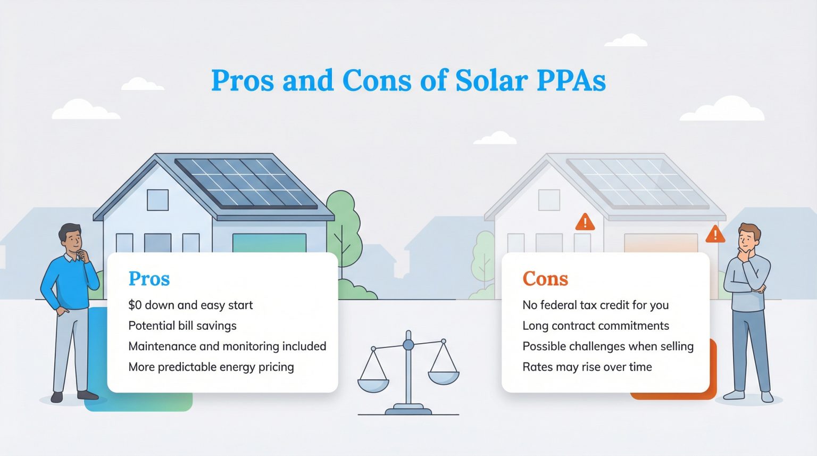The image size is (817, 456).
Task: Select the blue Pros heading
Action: click(149, 279)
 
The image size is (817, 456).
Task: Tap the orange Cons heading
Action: click(545, 279)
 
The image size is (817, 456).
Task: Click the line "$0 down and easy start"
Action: click(190, 305)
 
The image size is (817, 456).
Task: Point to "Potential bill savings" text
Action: click(182, 326)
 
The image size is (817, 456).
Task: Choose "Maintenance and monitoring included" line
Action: click(227, 346)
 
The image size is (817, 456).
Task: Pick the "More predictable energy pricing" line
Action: click(211, 367)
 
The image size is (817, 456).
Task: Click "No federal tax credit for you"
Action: click(596, 305)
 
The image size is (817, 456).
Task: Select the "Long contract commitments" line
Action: click(596, 326)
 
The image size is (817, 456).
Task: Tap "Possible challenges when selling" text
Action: click(608, 346)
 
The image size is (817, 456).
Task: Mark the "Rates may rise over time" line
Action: click(587, 367)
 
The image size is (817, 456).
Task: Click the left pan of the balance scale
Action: click(373, 385)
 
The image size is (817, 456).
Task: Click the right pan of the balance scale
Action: click(444, 378)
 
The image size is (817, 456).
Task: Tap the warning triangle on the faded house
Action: click(585, 222)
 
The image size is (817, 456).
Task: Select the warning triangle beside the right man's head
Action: click(715, 234)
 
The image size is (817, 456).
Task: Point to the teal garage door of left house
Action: click(270, 243)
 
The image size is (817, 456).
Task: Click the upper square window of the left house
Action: click(157, 200)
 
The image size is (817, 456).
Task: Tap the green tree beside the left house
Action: click(343, 234)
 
